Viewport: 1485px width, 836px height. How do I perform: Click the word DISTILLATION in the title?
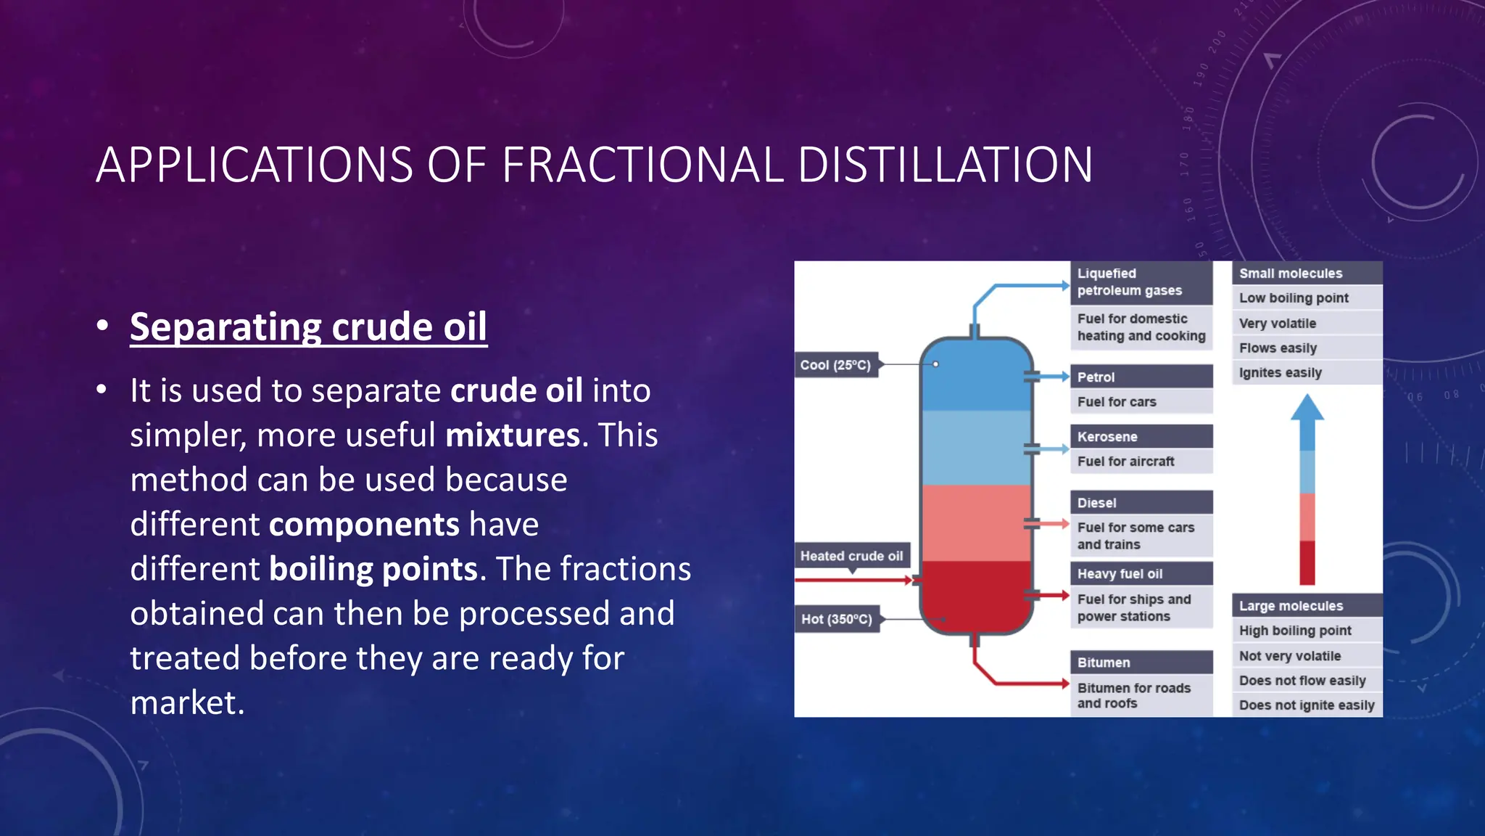click(945, 165)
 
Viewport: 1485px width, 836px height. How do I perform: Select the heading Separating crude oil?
click(308, 327)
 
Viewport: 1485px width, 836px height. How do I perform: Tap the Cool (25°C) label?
click(835, 365)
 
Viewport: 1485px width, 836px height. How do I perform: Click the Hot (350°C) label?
click(837, 619)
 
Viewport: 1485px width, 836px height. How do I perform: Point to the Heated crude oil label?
click(851, 556)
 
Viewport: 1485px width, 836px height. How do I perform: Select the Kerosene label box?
click(1141, 436)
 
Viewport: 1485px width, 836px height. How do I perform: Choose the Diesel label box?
click(1141, 502)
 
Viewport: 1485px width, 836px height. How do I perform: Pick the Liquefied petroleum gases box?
click(1141, 282)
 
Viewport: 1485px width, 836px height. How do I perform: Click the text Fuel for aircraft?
click(1125, 462)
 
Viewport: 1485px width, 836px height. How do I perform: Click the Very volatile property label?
click(1278, 323)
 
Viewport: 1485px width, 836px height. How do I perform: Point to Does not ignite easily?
click(1307, 705)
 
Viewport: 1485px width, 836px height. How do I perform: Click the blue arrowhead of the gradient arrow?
click(1307, 409)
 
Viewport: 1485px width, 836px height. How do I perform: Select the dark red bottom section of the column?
click(976, 595)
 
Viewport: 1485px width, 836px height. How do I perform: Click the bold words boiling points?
click(373, 568)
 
